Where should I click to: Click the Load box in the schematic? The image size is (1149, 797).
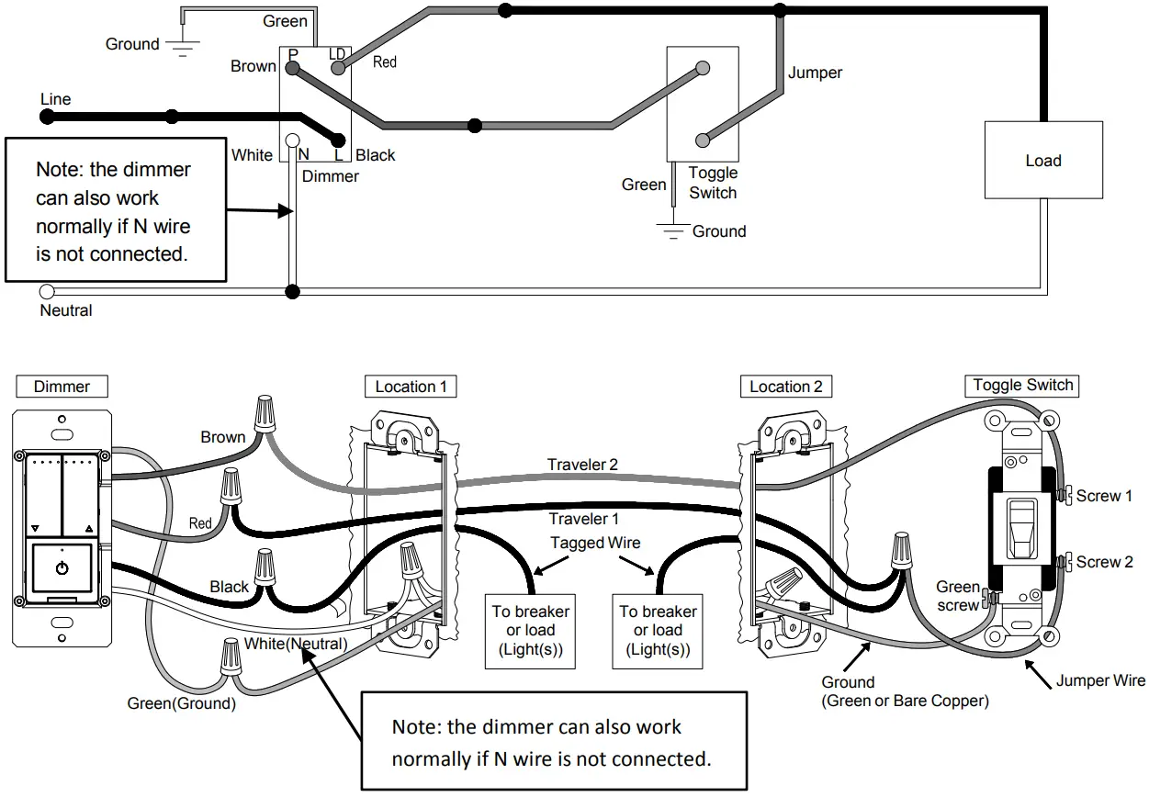pos(1042,161)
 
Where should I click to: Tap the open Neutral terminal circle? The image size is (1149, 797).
pos(47,292)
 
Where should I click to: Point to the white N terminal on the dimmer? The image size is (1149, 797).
pos(292,140)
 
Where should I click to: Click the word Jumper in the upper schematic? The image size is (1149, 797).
pos(815,73)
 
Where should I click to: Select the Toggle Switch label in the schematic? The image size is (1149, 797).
pos(713,183)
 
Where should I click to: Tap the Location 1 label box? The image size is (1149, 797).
pos(411,387)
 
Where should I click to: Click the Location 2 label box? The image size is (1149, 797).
pos(785,387)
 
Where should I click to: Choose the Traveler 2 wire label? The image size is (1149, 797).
pos(582,465)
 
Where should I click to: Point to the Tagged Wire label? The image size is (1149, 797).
pos(595,543)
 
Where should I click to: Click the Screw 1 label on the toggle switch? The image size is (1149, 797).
pos(1103,496)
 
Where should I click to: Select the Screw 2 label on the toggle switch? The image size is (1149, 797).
pos(1103,562)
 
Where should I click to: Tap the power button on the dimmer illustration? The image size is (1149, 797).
pos(62,568)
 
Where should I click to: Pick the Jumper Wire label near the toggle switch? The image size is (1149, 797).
pos(1099,680)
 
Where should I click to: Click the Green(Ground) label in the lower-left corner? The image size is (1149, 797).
pos(181,703)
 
